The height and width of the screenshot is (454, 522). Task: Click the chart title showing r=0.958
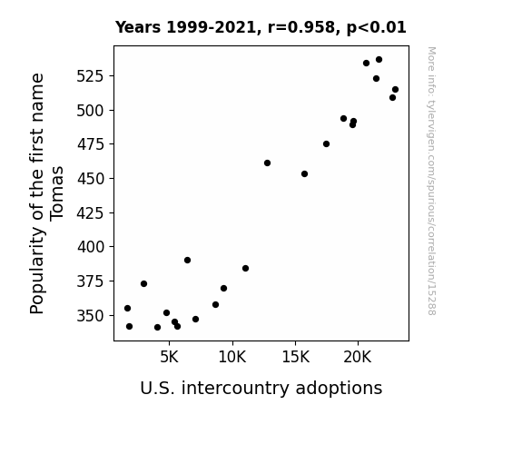pyautogui.click(x=261, y=27)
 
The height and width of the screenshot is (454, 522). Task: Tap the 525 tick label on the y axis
pyautogui.click(x=91, y=76)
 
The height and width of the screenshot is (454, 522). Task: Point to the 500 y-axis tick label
pyautogui.click(x=91, y=110)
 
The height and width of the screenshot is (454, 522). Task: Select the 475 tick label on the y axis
pyautogui.click(x=91, y=144)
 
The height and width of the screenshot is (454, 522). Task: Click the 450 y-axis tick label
pyautogui.click(x=91, y=179)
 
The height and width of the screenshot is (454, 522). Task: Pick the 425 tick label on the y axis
pyautogui.click(x=91, y=212)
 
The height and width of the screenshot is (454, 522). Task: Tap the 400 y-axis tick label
pyautogui.click(x=91, y=247)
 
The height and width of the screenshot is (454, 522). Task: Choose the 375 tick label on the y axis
pyautogui.click(x=91, y=281)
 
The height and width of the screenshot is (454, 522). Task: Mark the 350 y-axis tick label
pyautogui.click(x=91, y=316)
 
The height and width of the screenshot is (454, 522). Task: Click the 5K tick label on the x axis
pyautogui.click(x=169, y=357)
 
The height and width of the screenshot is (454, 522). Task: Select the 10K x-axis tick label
pyautogui.click(x=232, y=357)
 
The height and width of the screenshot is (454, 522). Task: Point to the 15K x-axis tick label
pyautogui.click(x=296, y=357)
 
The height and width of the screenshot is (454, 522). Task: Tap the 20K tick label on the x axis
pyautogui.click(x=358, y=357)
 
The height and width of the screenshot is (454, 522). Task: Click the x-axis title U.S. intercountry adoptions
pyautogui.click(x=261, y=388)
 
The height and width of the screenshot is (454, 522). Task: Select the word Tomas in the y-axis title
pyautogui.click(x=56, y=193)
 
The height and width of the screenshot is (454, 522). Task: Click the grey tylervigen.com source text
pyautogui.click(x=431, y=181)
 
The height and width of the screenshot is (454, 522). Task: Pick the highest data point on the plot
pyautogui.click(x=379, y=60)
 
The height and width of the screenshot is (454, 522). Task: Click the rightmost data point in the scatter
pyautogui.click(x=395, y=89)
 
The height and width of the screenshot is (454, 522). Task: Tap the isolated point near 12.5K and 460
pyautogui.click(x=267, y=163)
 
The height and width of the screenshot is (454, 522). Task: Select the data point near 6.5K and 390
pyautogui.click(x=187, y=261)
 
